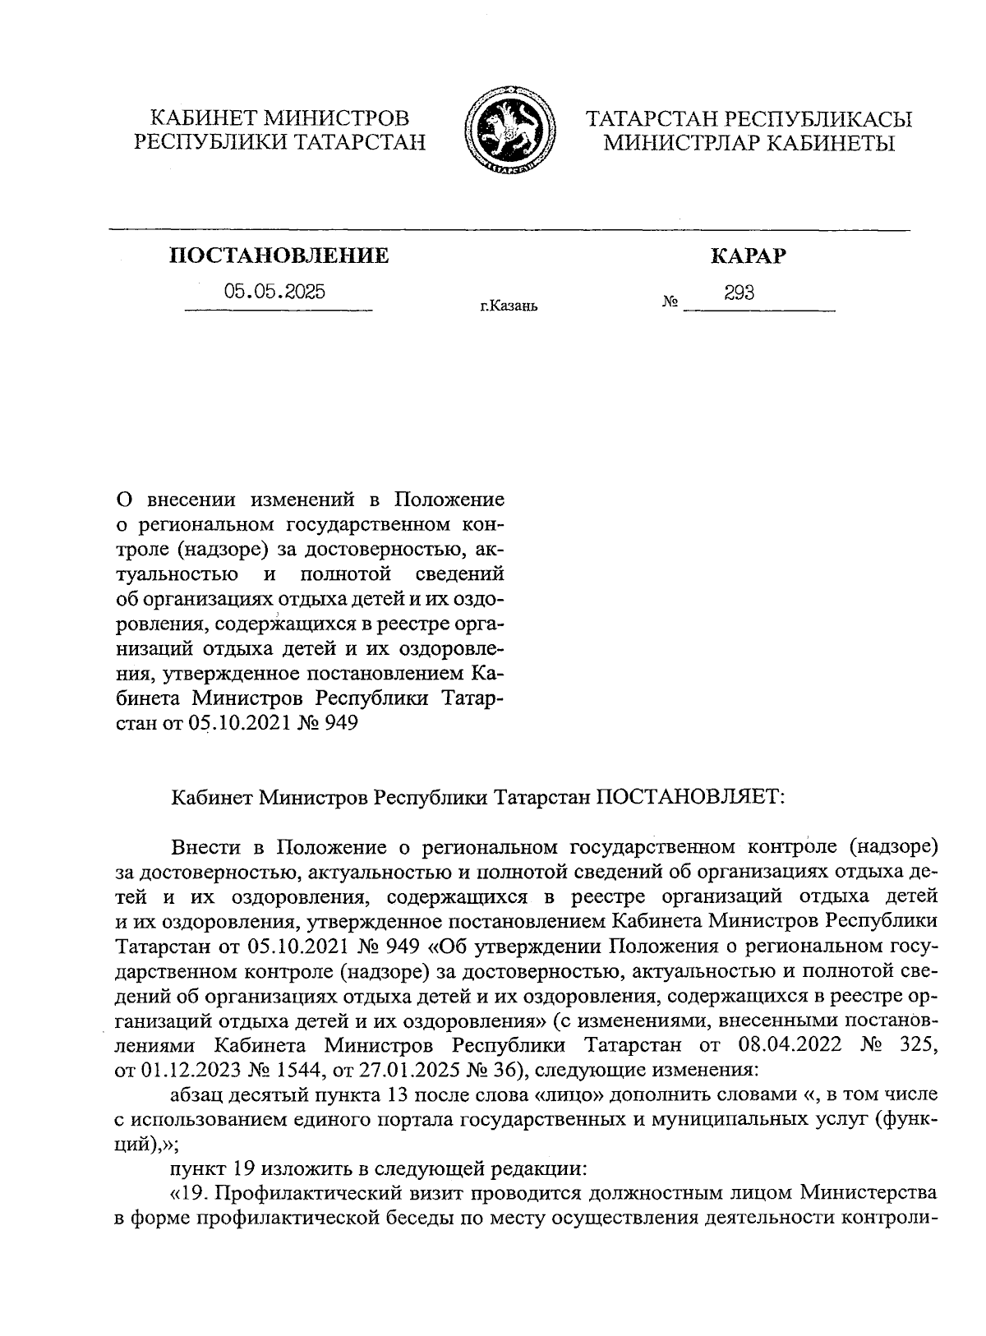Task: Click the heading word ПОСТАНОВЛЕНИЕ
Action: (x=279, y=256)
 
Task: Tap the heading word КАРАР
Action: (x=747, y=256)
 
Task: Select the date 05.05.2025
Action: (x=274, y=292)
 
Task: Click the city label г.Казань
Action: (x=509, y=307)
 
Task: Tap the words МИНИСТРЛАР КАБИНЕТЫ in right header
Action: (x=748, y=144)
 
